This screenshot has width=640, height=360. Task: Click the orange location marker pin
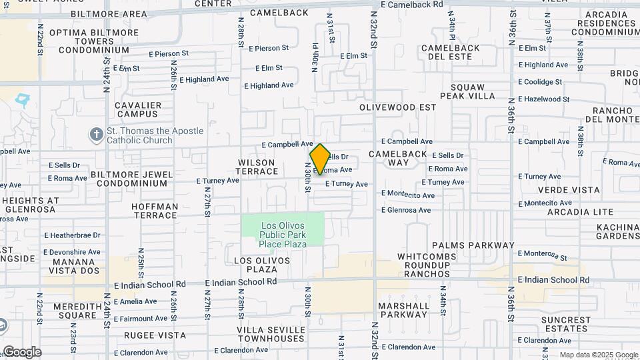pyautogui.click(x=320, y=159)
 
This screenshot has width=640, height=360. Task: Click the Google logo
pyautogui.click(x=22, y=352)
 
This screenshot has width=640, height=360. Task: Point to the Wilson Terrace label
pyautogui.click(x=257, y=167)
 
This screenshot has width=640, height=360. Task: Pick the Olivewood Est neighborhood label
pyautogui.click(x=397, y=107)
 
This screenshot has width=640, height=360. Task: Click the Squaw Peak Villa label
pyautogui.click(x=473, y=91)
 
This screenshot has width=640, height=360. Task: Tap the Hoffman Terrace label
pyautogui.click(x=155, y=211)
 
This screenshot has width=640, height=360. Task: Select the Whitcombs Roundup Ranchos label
pyautogui.click(x=433, y=265)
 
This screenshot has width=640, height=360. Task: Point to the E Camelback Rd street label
pyautogui.click(x=412, y=4)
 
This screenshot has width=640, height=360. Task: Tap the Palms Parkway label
pyautogui.click(x=473, y=245)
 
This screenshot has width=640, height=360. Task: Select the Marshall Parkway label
pyautogui.click(x=403, y=310)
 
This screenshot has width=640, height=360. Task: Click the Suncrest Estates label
pyautogui.click(x=566, y=324)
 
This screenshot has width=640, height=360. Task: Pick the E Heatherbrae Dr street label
pyautogui.click(x=72, y=235)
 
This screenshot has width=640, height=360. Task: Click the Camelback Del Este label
pyautogui.click(x=450, y=52)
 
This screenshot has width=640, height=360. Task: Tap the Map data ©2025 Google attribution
pyautogui.click(x=598, y=355)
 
